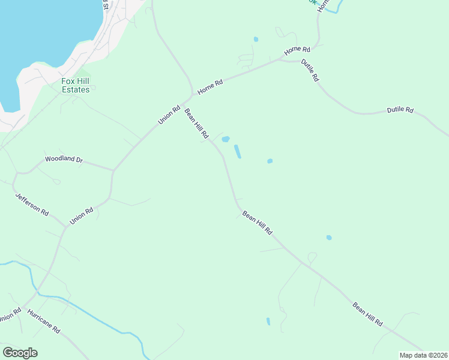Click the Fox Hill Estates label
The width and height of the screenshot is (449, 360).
click(x=76, y=85)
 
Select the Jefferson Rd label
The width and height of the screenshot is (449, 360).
click(x=31, y=203)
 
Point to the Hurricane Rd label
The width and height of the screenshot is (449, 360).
click(x=44, y=322)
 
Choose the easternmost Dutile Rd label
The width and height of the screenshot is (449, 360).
click(x=400, y=110)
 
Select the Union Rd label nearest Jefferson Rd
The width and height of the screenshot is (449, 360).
click(x=81, y=216)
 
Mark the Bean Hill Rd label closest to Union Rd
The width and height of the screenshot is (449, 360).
click(x=196, y=124)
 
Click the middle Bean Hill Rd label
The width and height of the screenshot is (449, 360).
click(x=257, y=222)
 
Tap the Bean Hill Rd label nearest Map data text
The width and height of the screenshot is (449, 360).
click(x=367, y=314)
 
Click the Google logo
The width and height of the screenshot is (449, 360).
click(x=20, y=353)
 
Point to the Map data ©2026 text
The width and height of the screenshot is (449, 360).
click(x=423, y=355)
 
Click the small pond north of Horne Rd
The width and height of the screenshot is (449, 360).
click(x=256, y=40)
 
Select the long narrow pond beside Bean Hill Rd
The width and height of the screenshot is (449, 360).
click(x=238, y=151)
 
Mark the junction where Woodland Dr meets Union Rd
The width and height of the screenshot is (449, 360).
click(x=113, y=170)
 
